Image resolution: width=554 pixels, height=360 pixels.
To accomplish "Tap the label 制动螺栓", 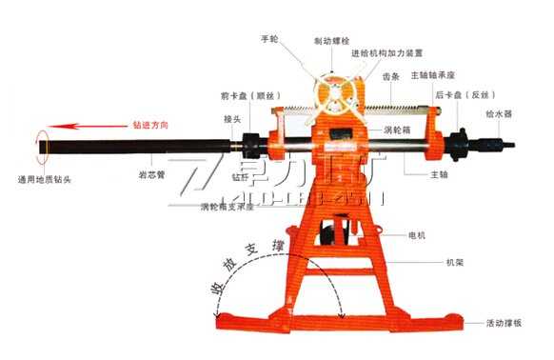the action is [331, 41].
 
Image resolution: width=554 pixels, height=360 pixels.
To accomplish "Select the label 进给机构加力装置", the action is [387, 53].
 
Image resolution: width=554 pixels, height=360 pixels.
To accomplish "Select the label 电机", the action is [416, 233].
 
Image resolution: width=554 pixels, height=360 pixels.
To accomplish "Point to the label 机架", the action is [453, 260].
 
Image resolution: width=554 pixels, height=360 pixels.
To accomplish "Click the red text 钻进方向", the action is [152, 125].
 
